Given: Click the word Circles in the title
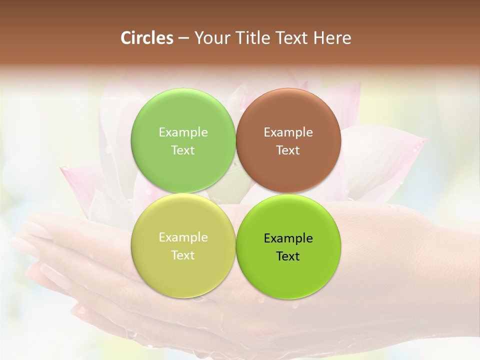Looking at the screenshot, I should click(x=147, y=38).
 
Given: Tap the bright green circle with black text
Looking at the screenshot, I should click(x=288, y=275).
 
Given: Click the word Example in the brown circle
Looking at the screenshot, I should click(x=288, y=132).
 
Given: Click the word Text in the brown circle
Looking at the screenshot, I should click(x=288, y=150).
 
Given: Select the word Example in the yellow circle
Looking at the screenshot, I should click(x=183, y=237).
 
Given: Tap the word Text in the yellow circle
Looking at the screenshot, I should click(x=183, y=255).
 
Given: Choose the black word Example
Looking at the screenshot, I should click(x=288, y=238).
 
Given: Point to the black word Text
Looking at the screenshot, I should click(x=288, y=256).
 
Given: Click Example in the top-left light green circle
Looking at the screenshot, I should click(x=183, y=132).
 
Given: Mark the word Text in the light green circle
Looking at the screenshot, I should click(x=183, y=150).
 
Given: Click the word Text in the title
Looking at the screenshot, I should click(x=292, y=38).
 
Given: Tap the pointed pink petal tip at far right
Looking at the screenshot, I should click(x=424, y=141).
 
